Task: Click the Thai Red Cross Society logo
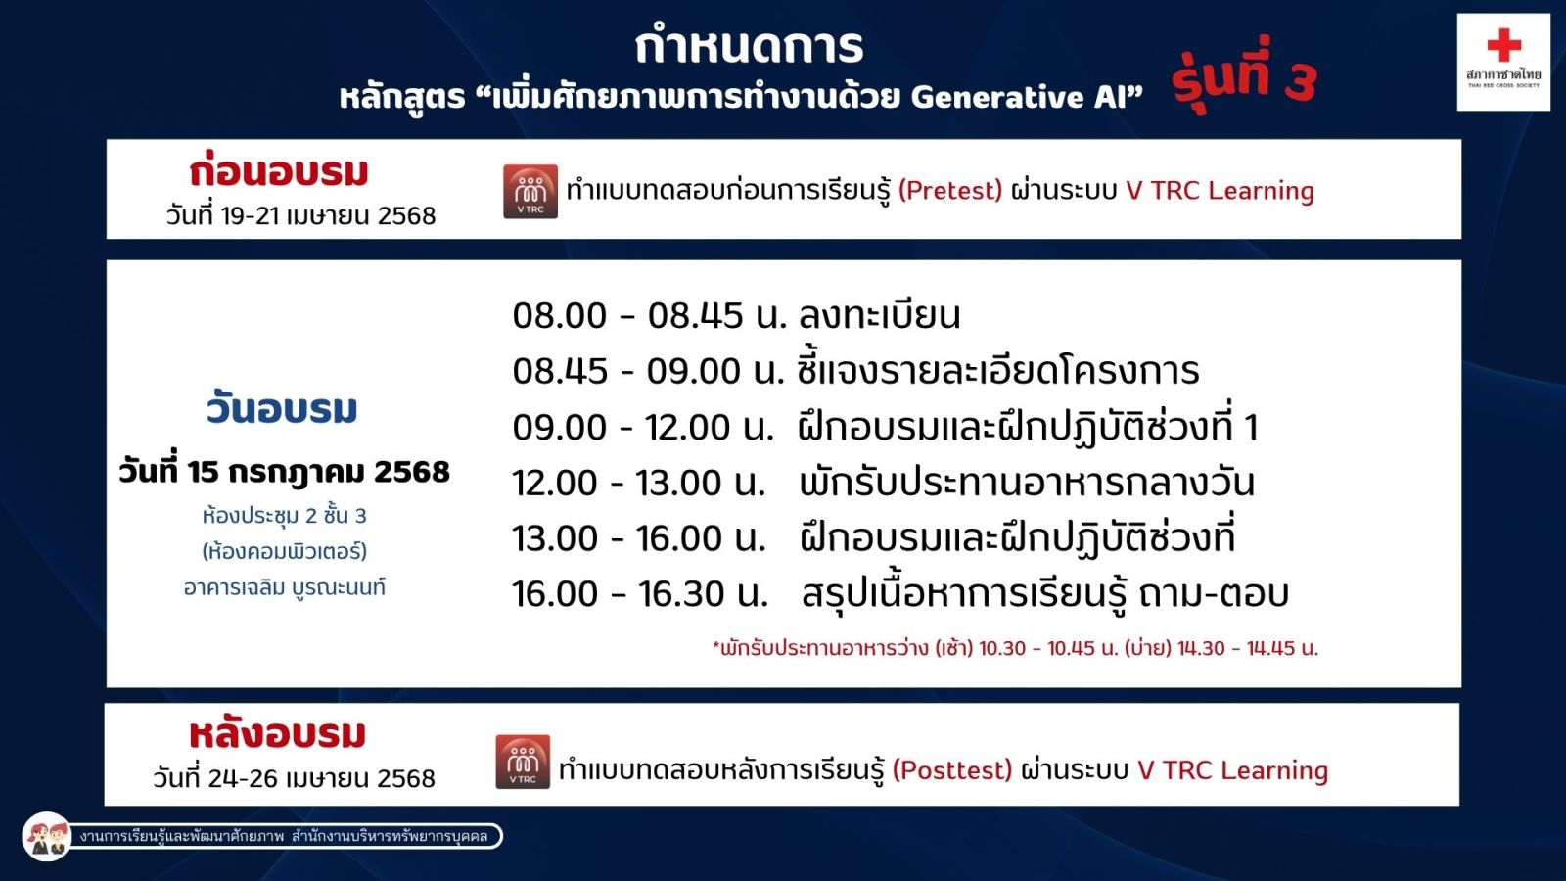click(x=1503, y=63)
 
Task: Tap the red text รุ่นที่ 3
click(x=1244, y=75)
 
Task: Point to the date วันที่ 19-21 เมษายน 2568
click(x=300, y=215)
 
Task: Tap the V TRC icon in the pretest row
click(x=530, y=191)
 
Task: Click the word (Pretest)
click(x=950, y=190)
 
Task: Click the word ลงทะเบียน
click(x=880, y=314)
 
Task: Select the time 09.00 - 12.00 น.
click(x=642, y=427)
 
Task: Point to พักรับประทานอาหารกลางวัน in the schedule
click(x=1027, y=483)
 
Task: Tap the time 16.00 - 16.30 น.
click(x=640, y=593)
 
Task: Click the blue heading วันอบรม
click(x=282, y=409)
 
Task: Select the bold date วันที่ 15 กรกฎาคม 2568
click(x=284, y=471)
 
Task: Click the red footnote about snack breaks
click(x=1015, y=648)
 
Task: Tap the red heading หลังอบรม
click(x=278, y=734)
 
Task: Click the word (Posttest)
click(x=952, y=769)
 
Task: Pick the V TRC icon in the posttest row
click(x=523, y=762)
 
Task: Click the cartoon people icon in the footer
click(x=47, y=836)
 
